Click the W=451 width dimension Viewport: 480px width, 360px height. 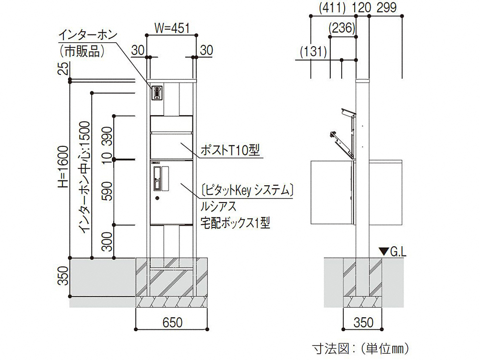[x=172, y=28]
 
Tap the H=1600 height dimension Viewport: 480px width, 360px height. [x=63, y=167]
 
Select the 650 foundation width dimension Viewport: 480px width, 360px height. [x=172, y=323]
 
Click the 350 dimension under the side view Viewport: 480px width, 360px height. [x=363, y=323]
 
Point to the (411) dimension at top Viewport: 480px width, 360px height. [x=332, y=8]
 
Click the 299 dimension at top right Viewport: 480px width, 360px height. [x=386, y=7]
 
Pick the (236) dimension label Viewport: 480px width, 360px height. [x=342, y=28]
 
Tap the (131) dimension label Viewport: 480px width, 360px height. [x=313, y=51]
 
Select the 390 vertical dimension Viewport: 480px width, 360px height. [x=107, y=137]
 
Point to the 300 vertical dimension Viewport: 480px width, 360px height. [x=107, y=241]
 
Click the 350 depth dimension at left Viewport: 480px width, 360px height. [x=63, y=276]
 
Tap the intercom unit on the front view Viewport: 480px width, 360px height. [x=157, y=93]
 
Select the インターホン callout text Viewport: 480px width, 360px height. [x=88, y=35]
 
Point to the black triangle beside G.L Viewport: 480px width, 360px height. [x=384, y=252]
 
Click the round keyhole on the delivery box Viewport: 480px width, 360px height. [x=157, y=198]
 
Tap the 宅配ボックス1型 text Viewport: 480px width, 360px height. [x=235, y=223]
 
